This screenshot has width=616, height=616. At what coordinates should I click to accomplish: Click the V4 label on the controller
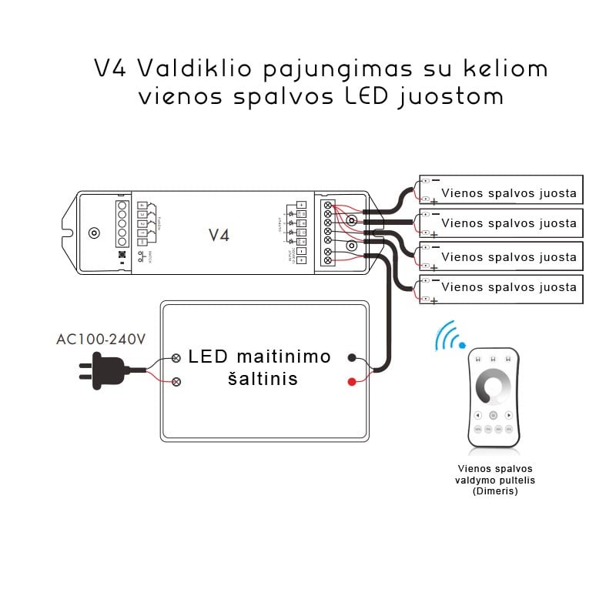pos(219,235)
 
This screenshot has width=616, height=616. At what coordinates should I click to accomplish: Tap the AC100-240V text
pos(101,339)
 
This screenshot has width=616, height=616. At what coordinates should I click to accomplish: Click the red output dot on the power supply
pos(352,381)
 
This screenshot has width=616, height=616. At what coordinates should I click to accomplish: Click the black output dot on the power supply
pos(352,357)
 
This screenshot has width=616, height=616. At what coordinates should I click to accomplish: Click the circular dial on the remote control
pos(494,386)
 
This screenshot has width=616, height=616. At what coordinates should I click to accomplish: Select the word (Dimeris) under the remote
pos(495,491)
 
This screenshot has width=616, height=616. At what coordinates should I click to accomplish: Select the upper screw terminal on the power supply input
pos(176,358)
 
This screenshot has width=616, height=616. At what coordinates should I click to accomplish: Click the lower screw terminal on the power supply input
pos(176,381)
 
